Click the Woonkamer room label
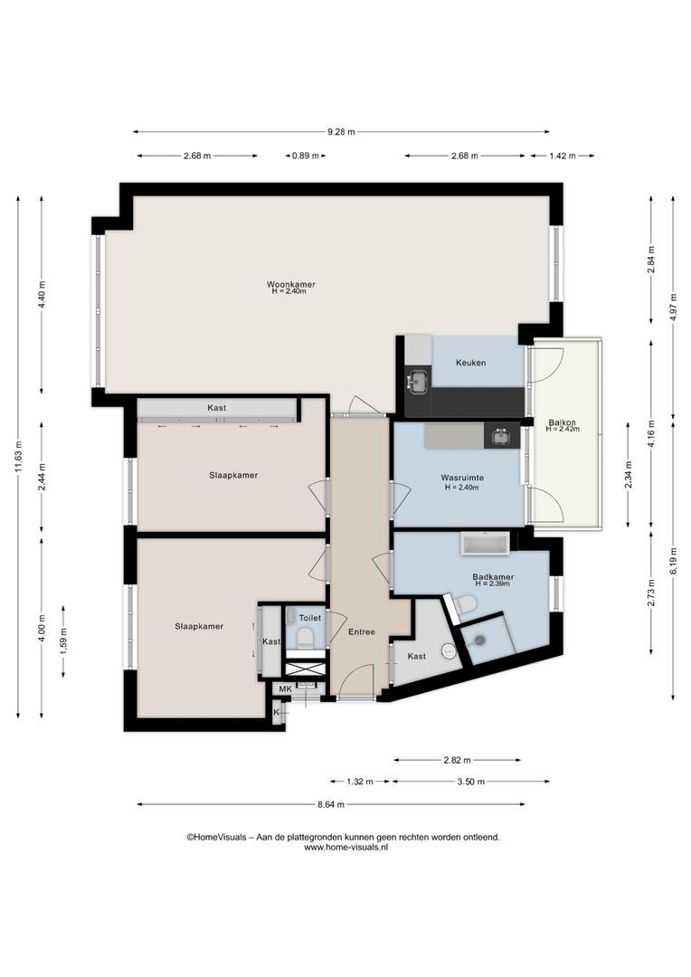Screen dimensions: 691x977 [291, 284]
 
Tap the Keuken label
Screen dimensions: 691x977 [470, 363]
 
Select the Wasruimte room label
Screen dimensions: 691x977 [462, 478]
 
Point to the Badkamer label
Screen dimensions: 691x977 [493, 577]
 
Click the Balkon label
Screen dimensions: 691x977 [562, 422]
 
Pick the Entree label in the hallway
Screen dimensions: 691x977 [362, 631]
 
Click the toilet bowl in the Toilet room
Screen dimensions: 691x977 [305, 639]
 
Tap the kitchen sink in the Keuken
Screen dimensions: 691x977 [417, 382]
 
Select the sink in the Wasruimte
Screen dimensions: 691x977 [501, 437]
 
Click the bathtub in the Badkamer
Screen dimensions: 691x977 [486, 545]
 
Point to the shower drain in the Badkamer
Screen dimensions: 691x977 [480, 639]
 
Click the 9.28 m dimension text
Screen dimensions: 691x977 [342, 131]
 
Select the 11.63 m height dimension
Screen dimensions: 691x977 [18, 457]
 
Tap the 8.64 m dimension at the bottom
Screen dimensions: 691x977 [331, 804]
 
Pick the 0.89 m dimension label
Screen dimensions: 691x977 [306, 156]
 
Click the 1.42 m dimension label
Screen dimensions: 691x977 [563, 156]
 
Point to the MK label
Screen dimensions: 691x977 [286, 689]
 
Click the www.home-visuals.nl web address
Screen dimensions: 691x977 [345, 848]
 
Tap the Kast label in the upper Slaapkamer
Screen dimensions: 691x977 [217, 407]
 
